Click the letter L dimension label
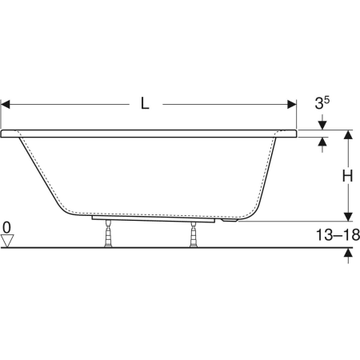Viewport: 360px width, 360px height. coord(145,103)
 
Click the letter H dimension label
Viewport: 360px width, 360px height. coord(347,176)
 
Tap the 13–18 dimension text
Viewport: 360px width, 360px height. coord(338,235)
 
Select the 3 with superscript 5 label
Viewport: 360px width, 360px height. coord(322,102)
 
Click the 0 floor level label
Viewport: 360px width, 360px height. coord(6,228)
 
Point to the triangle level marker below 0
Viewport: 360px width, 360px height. coord(7,241)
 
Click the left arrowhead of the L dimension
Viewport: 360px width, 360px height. coord(6,104)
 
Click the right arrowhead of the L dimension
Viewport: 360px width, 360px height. coord(292,104)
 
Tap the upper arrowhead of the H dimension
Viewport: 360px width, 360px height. coord(348,134)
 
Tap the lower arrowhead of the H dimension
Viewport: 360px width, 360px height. coord(348,217)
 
